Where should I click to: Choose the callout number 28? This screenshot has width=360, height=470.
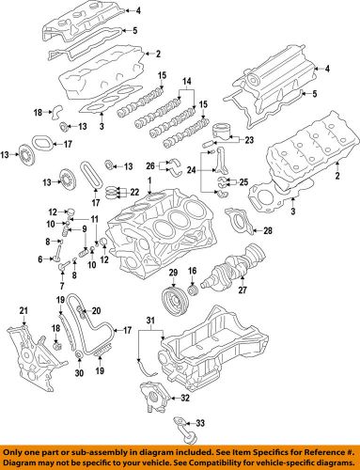pyautogui.click(x=268, y=229)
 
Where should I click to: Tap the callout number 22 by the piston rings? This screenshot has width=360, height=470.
pyautogui.click(x=134, y=193)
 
